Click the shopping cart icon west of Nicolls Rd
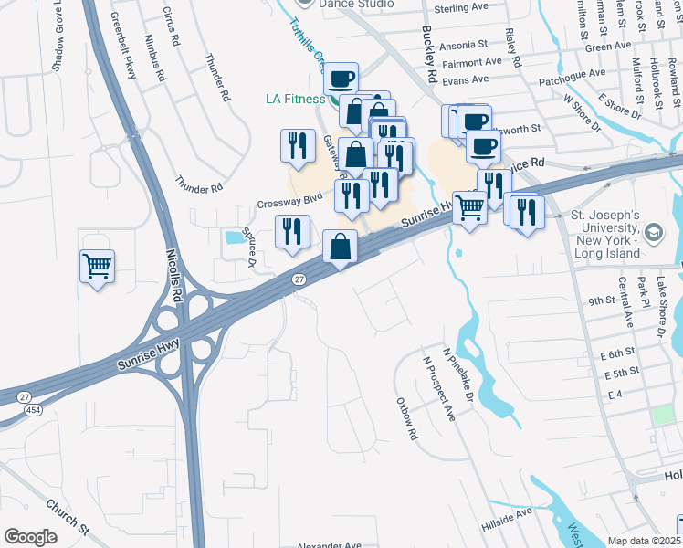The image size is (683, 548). point(97,267)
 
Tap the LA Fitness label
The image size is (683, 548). point(296,99)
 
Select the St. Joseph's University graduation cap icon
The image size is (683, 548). point(654,233)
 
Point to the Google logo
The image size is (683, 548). point(31,537)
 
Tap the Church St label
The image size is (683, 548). point(68,517)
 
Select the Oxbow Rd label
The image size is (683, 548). point(407,417)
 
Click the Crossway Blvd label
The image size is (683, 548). point(291,196)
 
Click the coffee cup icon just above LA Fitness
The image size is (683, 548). point(341,79)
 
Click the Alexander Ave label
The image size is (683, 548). point(330,545)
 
